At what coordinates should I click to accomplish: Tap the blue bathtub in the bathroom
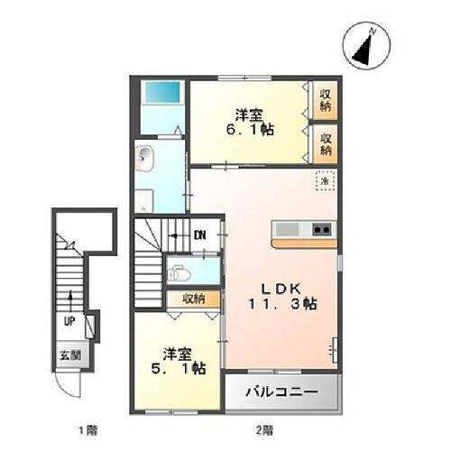coord(162,94)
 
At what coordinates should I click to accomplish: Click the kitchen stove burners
coord(322,230)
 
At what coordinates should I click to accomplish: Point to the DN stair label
coord(200,235)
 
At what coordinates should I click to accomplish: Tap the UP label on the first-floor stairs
coord(69,320)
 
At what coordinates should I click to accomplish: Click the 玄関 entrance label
coord(71,354)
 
